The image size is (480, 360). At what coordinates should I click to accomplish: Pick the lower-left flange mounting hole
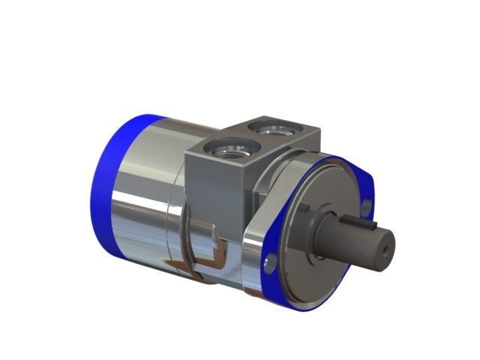point(271,262)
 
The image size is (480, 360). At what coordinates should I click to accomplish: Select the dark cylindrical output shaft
point(352,240)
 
